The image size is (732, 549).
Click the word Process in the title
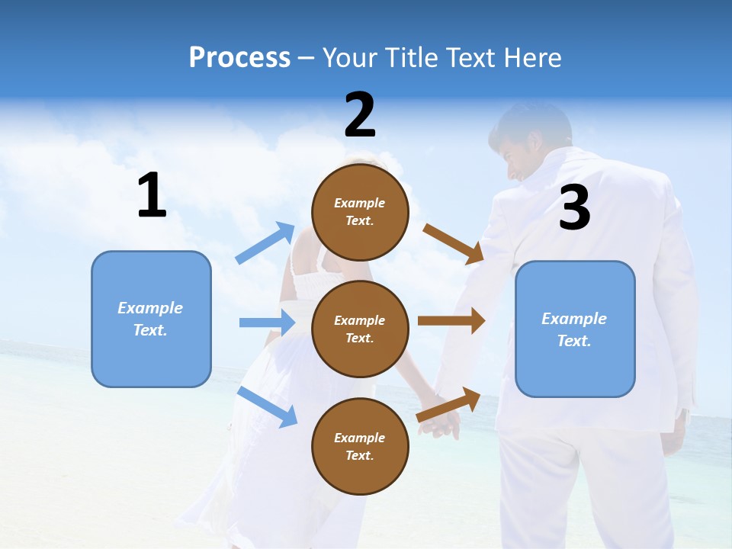click(239, 58)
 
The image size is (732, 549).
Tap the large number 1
click(152, 196)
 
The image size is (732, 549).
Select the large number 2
click(360, 115)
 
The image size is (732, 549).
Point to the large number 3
click(574, 208)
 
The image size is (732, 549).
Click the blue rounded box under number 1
click(151, 319)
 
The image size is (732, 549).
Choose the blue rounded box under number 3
click(575, 329)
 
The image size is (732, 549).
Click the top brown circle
click(360, 212)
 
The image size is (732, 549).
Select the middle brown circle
click(360, 329)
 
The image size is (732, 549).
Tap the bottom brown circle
click(360, 446)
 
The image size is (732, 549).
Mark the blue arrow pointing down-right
click(268, 406)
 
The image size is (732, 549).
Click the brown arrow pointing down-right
click(454, 243)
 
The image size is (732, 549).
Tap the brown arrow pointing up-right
click(449, 405)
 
